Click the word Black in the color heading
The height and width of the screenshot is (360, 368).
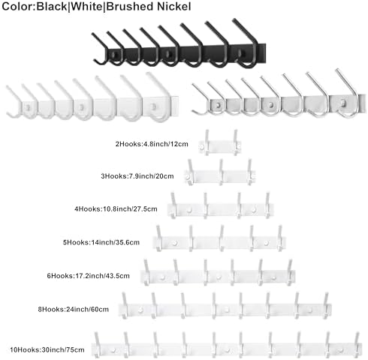52,7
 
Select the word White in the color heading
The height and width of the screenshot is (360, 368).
86,7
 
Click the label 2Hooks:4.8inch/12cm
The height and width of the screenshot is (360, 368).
152,144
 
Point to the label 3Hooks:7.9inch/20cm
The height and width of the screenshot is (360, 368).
137,176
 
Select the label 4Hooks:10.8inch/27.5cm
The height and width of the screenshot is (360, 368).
116,209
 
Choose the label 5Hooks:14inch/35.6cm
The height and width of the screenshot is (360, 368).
101,242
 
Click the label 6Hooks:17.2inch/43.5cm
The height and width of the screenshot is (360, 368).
89,276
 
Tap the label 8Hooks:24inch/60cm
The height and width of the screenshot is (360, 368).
74,310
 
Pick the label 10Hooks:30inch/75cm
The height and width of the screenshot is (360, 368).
47,349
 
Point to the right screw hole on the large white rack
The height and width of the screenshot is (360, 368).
154,107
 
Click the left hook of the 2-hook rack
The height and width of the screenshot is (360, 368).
207,142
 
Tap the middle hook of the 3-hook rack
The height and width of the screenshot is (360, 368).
221,172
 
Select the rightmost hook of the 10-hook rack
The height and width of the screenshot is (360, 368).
357,345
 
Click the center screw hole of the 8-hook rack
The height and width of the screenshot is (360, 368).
227,310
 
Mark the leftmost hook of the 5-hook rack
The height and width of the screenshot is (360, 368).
158,238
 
